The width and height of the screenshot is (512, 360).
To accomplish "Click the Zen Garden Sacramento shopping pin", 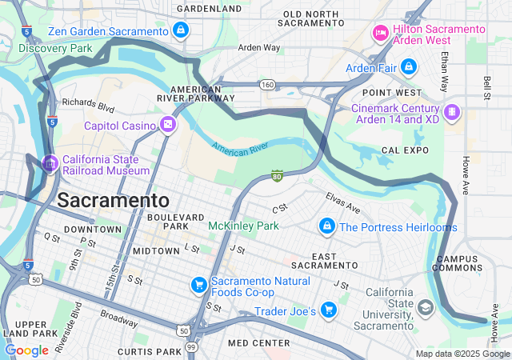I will tap(181, 31).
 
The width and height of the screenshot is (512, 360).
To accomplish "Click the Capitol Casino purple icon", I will tap(167, 124).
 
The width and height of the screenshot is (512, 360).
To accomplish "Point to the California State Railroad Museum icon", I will tap(50, 164).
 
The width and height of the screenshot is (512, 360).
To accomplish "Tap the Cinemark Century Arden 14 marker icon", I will tap(452, 110).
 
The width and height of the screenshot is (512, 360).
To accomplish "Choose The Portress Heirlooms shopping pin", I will tap(326, 227).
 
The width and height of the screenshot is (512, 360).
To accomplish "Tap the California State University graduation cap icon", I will tap(426, 307).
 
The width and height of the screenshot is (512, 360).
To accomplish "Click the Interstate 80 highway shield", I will tap(277, 175).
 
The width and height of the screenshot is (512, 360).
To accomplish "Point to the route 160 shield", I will tap(268, 84).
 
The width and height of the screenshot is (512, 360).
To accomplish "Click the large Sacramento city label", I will tap(113, 200).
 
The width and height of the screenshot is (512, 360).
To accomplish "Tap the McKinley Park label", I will tap(243, 226).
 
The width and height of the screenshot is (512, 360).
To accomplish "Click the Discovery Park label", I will tap(55, 48).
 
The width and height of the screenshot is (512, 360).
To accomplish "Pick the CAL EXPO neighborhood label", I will tap(400, 150).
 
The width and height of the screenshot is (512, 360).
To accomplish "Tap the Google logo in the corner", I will tap(26, 350).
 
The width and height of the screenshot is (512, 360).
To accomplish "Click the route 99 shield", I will tap(191, 346).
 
